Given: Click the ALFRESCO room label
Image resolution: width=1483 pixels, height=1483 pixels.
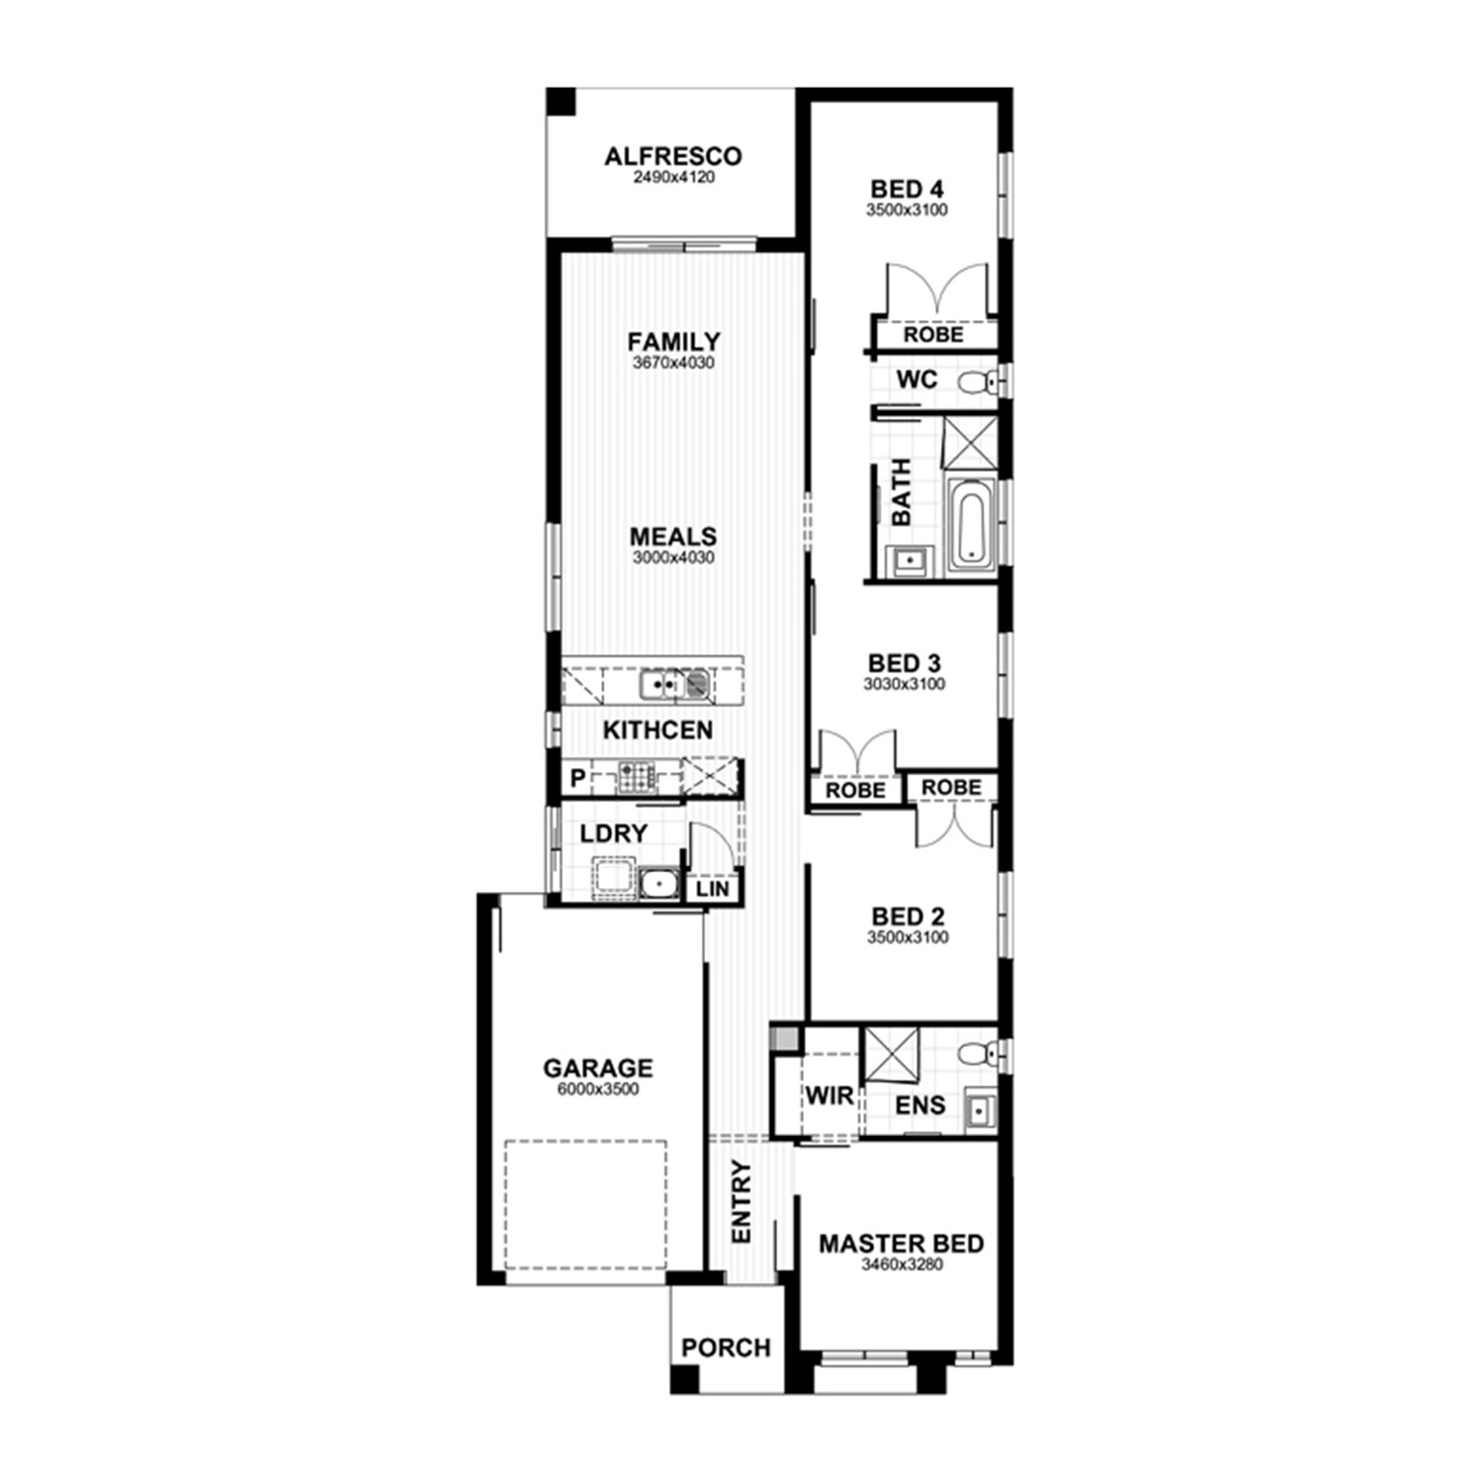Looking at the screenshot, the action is click(673, 156).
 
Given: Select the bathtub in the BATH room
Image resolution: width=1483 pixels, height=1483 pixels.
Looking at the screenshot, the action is click(971, 525).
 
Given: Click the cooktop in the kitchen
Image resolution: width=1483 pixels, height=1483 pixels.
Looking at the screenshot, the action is click(637, 778).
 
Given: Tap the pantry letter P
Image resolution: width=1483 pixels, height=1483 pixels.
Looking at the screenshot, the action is click(577, 779).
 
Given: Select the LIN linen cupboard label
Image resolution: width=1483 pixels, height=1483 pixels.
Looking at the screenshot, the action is click(713, 888).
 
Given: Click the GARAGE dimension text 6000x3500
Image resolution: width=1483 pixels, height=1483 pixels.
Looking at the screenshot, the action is click(598, 1090).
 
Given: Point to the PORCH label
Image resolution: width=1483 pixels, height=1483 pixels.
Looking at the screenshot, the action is click(726, 1348).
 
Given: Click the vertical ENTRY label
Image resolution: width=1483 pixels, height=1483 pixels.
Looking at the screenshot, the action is click(741, 1202).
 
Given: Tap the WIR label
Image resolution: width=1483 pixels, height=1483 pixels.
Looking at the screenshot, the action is click(829, 1095).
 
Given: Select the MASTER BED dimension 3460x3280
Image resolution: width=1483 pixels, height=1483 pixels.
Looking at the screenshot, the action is click(902, 1265).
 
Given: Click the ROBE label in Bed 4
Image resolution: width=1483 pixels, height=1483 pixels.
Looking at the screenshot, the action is click(933, 334).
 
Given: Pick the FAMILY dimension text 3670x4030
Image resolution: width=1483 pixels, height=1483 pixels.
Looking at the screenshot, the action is click(674, 363).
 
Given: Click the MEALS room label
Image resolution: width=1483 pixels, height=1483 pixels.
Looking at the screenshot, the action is click(673, 537).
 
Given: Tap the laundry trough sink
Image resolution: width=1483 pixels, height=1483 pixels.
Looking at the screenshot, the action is click(655, 882).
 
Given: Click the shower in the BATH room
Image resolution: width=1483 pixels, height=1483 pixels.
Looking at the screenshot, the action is click(969, 442).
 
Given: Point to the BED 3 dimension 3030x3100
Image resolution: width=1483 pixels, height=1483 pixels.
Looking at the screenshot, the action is click(905, 684).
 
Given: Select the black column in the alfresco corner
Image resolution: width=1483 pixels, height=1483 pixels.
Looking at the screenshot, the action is click(561, 102).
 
